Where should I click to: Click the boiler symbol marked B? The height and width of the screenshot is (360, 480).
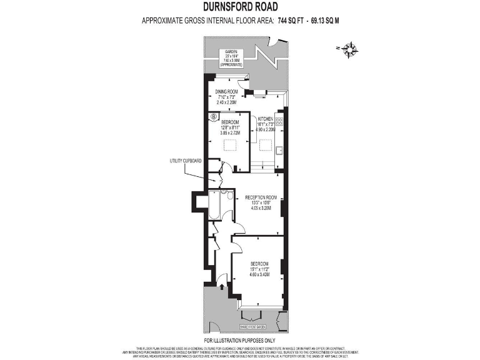click(x=214, y=116)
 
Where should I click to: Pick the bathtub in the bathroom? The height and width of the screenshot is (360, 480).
click(x=212, y=206)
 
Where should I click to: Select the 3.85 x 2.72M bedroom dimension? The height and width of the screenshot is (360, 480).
click(x=229, y=132)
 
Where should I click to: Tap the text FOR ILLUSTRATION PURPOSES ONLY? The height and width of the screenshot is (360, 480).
click(x=240, y=341)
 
